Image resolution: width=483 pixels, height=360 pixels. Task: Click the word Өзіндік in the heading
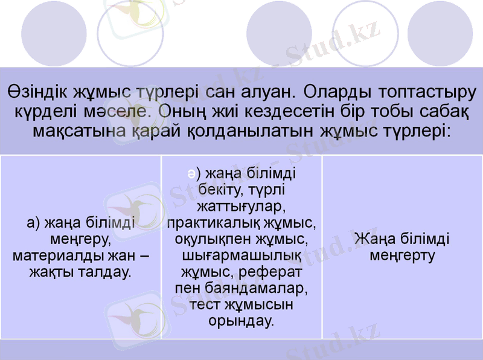pyautogui.click(x=37, y=92)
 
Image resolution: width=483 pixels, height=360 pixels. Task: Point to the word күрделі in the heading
pyautogui.click(x=46, y=112)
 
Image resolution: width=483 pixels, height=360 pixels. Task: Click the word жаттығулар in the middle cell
pyautogui.click(x=241, y=207)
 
